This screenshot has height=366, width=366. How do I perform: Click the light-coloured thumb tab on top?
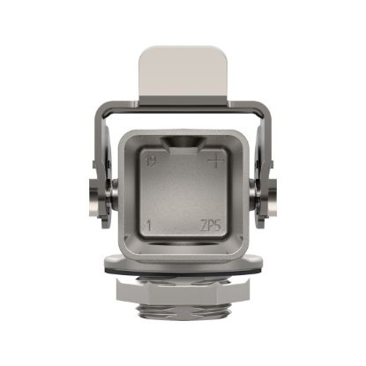tap(182, 70)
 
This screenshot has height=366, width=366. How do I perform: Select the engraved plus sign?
tap(212, 161)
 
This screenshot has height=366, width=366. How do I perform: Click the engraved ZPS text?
tap(211, 227)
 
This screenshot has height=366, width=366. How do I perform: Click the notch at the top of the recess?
tap(182, 144)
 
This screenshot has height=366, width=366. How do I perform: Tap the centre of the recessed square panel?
tap(182, 194)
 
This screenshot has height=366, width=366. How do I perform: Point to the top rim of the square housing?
tap(182, 132)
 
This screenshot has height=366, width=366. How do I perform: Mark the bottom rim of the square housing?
tap(182, 250)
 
